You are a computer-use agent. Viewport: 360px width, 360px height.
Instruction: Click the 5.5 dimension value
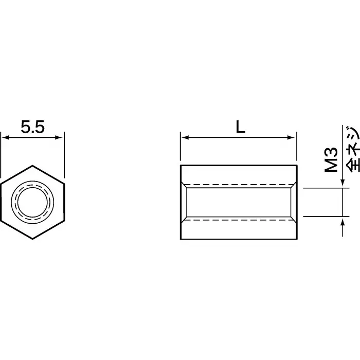tap(33, 127)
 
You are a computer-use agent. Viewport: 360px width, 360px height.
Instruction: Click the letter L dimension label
tap(240, 127)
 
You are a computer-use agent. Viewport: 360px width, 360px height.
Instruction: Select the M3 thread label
tap(332, 159)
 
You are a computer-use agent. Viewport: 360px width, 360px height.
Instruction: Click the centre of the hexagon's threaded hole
tap(33, 202)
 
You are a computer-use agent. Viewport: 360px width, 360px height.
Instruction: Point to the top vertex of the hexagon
tap(33, 166)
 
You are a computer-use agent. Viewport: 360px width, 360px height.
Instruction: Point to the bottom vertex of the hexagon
tap(33, 239)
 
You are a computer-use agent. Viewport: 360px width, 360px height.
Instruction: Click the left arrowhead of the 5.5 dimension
tap(5, 137)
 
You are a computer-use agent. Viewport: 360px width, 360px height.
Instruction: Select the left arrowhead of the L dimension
tap(184, 137)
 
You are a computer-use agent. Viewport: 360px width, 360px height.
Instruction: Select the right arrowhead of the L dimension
tap(294, 137)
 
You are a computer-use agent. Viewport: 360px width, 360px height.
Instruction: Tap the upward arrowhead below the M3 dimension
tap(343, 220)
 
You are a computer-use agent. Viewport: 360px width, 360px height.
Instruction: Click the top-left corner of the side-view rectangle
tap(181, 166)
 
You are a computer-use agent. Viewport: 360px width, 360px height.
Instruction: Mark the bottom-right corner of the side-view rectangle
tap(297, 239)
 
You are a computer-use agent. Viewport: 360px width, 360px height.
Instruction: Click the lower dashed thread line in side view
tap(239, 220)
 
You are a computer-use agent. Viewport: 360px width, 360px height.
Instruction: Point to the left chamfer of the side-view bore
tap(184, 202)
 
